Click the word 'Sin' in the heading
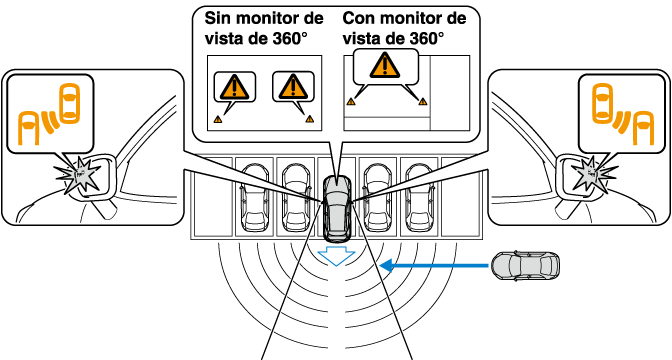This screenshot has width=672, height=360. [x=217, y=19]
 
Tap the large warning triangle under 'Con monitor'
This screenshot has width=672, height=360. [x=385, y=65]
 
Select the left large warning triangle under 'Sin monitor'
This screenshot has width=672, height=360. [x=234, y=86]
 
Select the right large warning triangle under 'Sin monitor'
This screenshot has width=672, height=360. [x=293, y=86]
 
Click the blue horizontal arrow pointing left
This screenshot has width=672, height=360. [x=434, y=266]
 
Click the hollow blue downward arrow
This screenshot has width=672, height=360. [x=336, y=256]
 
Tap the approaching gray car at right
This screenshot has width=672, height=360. [x=525, y=266]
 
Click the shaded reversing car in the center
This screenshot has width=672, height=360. [x=337, y=207]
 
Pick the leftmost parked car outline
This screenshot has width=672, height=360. [x=255, y=196]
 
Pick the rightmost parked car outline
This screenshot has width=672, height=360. [x=420, y=196]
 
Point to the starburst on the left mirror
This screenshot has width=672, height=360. [x=80, y=174]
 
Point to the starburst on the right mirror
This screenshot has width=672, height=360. [x=592, y=174]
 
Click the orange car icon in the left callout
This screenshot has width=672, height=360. [x=69, y=103]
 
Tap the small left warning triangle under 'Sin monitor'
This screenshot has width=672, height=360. [x=218, y=119]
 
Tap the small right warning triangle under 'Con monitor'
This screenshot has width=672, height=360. [x=423, y=102]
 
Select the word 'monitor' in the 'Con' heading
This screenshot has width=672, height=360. [x=408, y=19]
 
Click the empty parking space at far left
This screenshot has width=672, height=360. [x=213, y=197]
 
